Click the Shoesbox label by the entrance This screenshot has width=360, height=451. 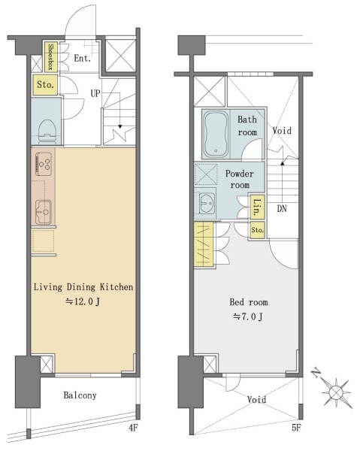50,56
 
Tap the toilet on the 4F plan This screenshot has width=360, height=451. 46,132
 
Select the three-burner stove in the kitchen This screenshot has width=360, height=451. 44,164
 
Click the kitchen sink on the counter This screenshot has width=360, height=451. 44,212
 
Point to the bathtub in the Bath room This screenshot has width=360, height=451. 216,135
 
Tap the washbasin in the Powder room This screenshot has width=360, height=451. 207,203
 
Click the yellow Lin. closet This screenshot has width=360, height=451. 257,207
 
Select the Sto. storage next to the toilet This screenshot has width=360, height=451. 45,85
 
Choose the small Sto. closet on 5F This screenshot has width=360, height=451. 257,230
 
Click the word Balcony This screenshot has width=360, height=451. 80,395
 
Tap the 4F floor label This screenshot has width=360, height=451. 133,428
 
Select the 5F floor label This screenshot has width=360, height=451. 296,428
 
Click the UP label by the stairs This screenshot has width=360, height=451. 95,93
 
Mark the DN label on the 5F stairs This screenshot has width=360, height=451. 282,208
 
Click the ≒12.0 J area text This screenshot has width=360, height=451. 83,301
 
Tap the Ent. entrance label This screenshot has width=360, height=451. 82,58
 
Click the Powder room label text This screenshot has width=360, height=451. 240,179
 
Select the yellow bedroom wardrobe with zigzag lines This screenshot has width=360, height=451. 204,244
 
